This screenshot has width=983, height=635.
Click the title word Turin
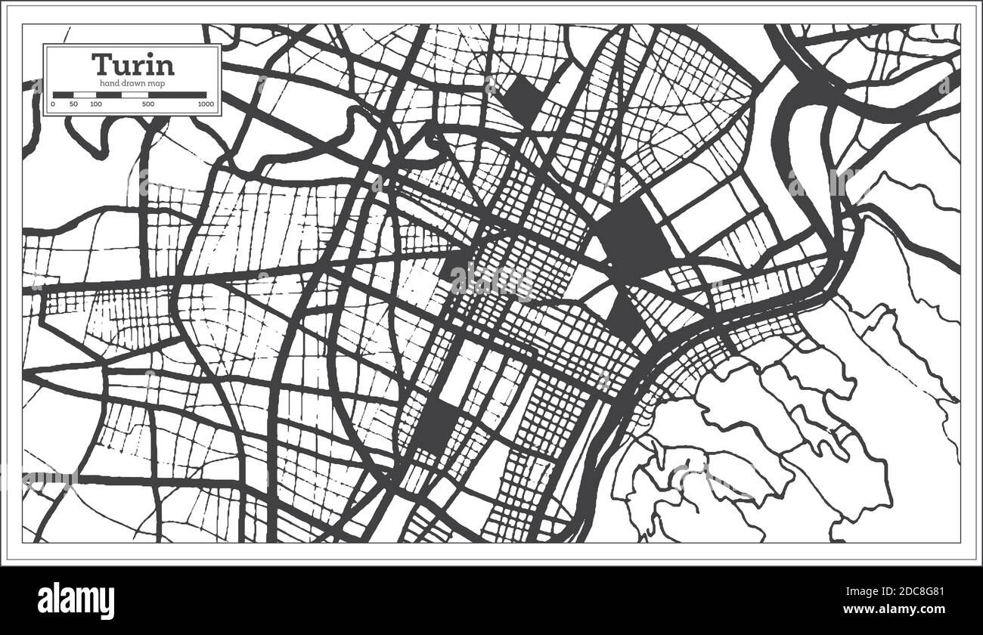[132, 64]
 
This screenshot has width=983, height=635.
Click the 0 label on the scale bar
[53, 104]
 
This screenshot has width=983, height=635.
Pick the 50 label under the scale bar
[73, 104]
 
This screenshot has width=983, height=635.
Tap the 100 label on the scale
[96, 104]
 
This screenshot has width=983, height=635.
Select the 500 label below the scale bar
[149, 104]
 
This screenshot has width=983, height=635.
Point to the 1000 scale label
[205, 104]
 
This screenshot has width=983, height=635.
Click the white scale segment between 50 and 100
[84, 94]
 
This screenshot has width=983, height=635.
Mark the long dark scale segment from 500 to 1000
[177, 94]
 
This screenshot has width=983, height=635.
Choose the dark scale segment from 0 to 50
[63, 94]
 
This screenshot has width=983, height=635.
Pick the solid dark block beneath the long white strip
[436, 425]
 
